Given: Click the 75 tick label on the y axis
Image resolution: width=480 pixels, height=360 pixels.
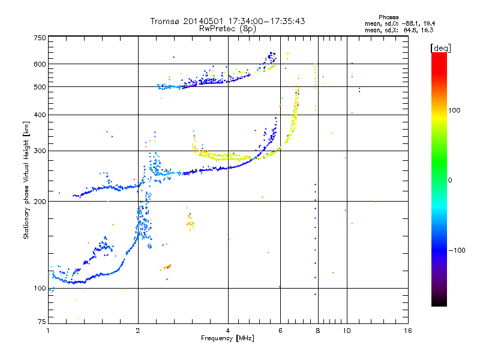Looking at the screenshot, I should (41, 322).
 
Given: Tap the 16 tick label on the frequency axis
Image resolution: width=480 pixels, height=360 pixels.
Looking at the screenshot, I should (407, 331).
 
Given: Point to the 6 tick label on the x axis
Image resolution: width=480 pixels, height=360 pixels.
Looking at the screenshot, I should (280, 331).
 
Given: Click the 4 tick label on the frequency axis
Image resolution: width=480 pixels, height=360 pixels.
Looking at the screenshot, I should (228, 331).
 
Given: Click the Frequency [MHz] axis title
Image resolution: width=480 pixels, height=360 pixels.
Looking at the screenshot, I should (227, 338).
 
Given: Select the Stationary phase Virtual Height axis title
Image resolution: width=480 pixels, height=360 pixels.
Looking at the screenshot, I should (26, 180).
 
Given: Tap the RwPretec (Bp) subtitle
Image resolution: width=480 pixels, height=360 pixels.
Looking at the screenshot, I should (227, 28).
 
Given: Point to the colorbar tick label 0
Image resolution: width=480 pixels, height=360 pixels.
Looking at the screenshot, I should (449, 179).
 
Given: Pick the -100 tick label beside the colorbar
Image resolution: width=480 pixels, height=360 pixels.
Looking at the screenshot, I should (455, 250).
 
